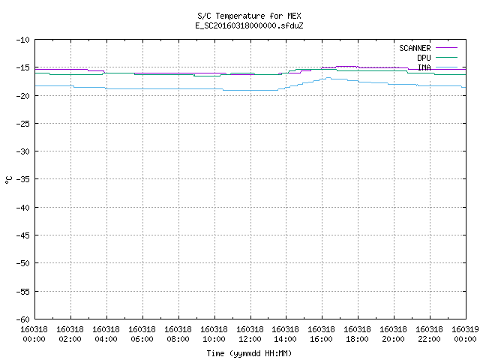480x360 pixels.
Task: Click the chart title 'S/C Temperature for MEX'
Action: [249, 16]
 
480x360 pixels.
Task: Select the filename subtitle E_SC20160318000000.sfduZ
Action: [249, 25]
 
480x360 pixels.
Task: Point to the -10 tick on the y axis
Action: [23, 40]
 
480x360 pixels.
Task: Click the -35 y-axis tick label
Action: [23, 179]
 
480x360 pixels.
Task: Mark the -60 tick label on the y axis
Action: [23, 319]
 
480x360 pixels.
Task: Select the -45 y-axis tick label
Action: [23, 235]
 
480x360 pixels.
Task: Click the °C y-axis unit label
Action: [8, 180]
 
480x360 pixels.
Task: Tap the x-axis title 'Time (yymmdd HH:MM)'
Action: [249, 353]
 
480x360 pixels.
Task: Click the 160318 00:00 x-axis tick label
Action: [34, 334]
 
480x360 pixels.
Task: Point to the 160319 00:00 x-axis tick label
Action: [465, 334]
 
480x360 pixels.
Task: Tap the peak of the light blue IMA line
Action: [328, 78]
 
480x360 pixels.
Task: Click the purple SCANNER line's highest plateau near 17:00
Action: [346, 66]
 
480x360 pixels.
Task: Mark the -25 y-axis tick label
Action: [23, 124]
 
